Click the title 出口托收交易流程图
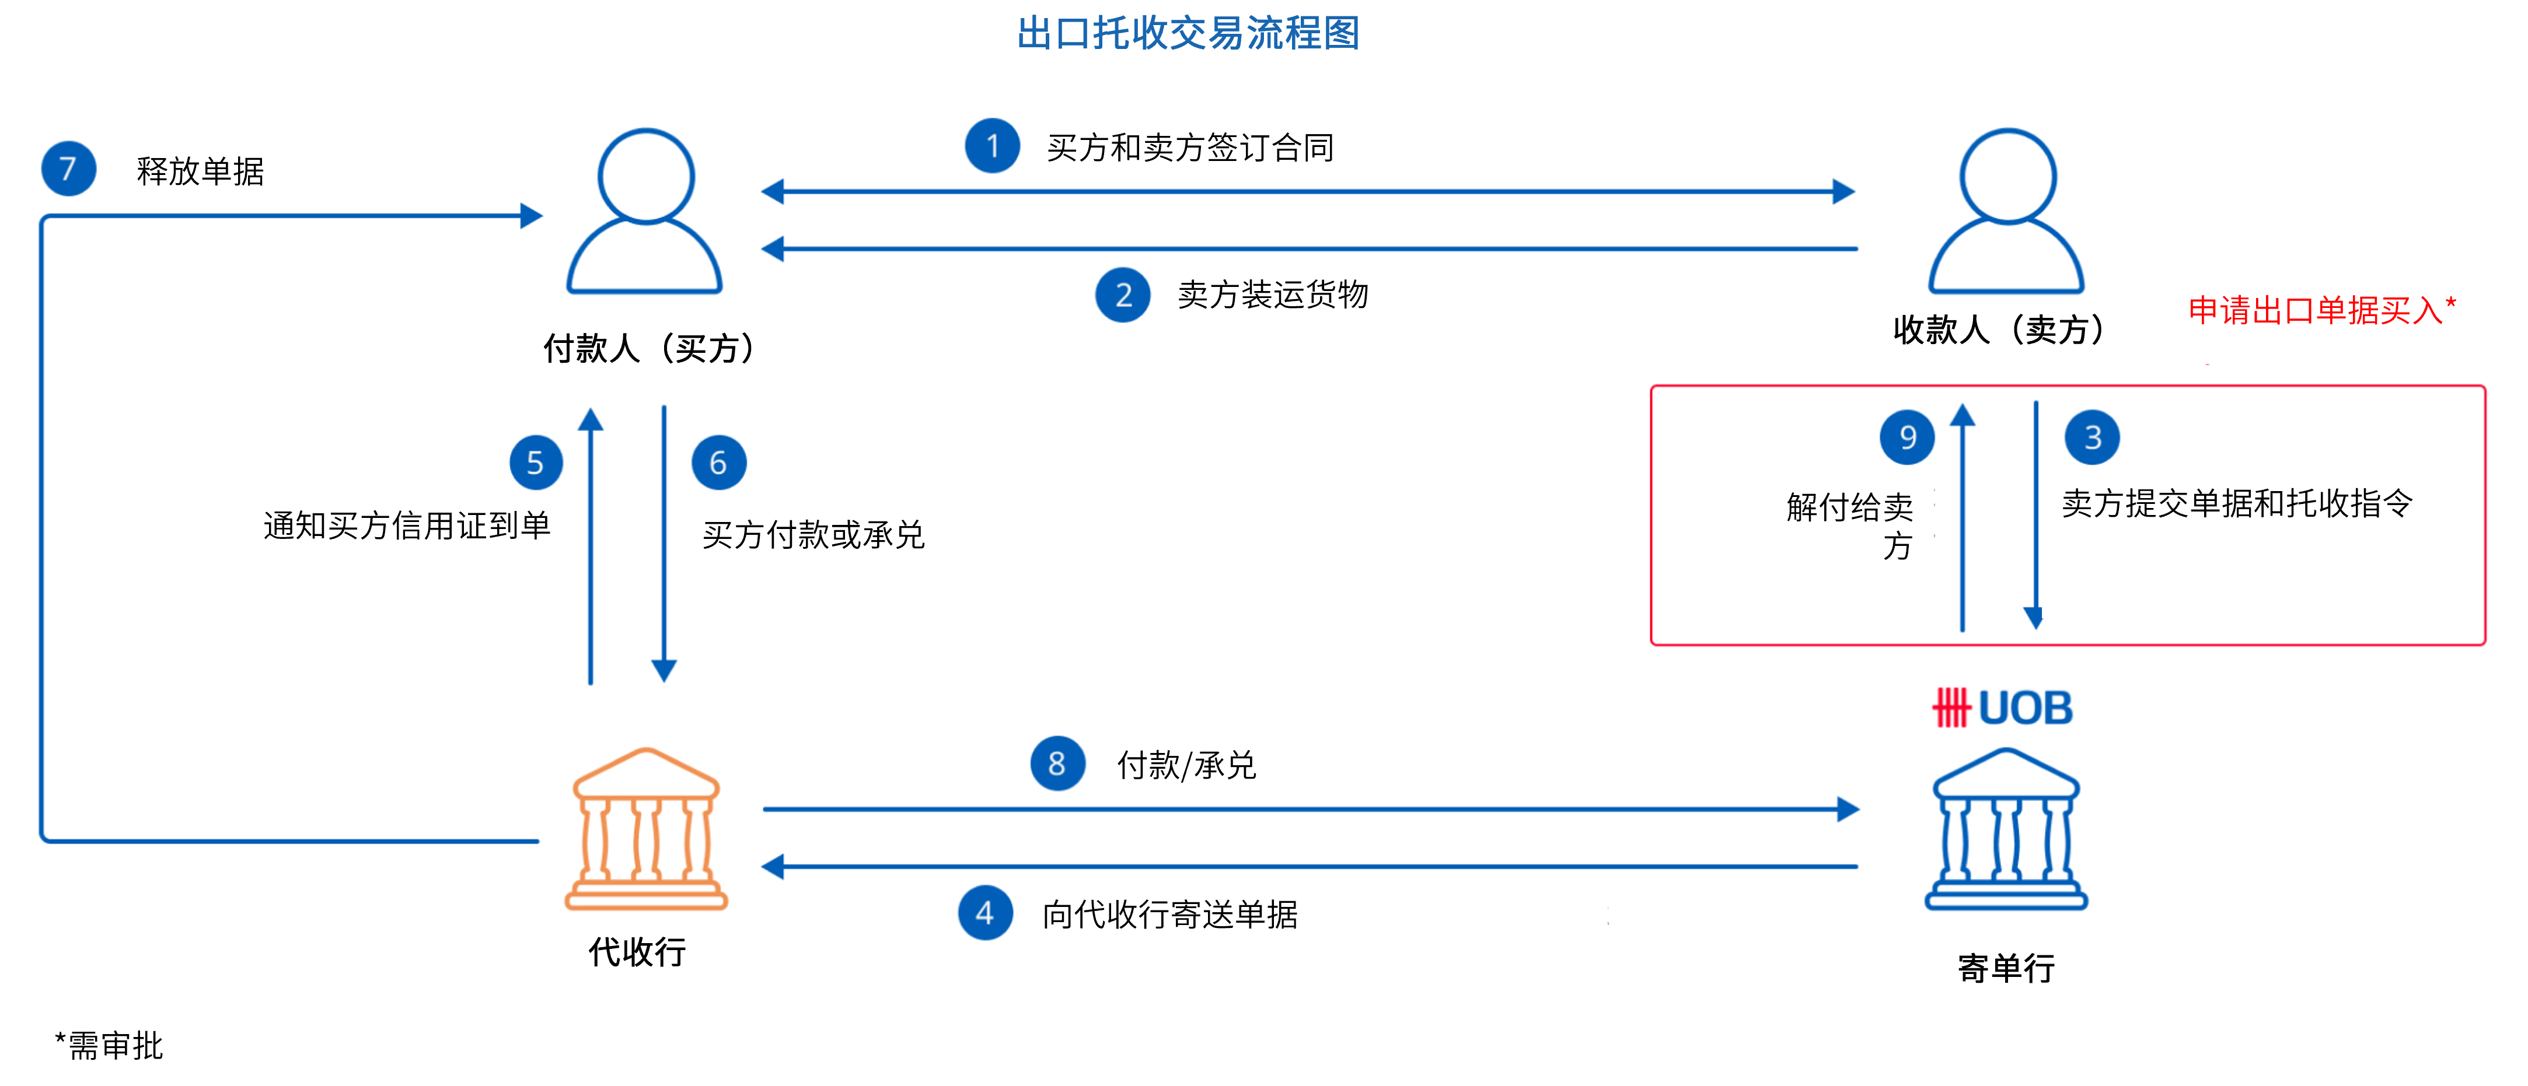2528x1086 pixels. pos(1189,33)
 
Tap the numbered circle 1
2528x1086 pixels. pos(992,146)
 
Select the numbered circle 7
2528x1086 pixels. pos(68,169)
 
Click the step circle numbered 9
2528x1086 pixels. pos(1907,437)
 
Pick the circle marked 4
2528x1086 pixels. pos(985,913)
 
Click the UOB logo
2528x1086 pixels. pos(2002,707)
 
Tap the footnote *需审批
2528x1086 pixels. pos(109,1045)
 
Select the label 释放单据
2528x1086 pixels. pos(200,171)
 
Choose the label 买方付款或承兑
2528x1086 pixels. pos(813,535)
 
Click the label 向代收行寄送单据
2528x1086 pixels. pos(1170,915)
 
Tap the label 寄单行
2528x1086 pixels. pos(2006,968)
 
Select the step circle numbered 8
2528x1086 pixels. pos(1057,763)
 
